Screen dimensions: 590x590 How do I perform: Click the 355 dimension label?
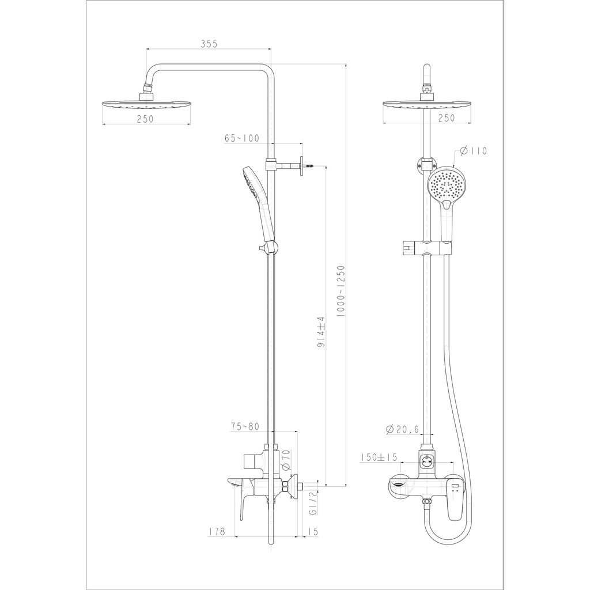click(x=209, y=44)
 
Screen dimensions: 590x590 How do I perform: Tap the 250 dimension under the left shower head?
click(x=145, y=119)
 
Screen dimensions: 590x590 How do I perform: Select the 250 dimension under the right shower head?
click(x=447, y=118)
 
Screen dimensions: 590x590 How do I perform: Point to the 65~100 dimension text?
click(x=242, y=138)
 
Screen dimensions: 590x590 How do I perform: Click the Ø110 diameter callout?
click(x=474, y=151)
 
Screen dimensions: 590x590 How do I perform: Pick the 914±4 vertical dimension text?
click(x=320, y=331)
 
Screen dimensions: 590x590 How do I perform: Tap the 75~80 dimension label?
click(x=244, y=426)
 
